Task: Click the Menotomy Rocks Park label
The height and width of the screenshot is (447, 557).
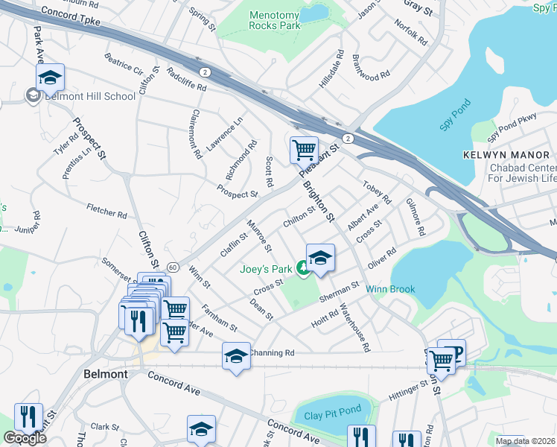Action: tap(274, 19)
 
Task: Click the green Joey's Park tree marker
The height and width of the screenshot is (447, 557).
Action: tap(303, 267)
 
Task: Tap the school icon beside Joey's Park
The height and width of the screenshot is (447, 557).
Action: tap(320, 258)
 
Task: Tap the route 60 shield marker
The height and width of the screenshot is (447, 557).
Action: tap(172, 267)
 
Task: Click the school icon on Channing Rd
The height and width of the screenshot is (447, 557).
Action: tap(236, 355)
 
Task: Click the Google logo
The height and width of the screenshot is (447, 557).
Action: tap(25, 438)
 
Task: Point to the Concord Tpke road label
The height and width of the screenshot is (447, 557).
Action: tap(71, 15)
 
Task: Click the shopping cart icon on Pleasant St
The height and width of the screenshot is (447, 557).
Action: tap(304, 150)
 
